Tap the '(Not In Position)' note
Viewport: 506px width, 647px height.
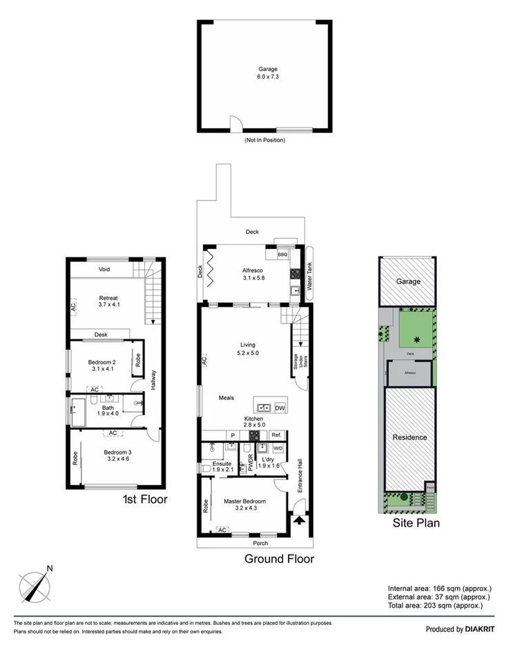(x=264, y=140)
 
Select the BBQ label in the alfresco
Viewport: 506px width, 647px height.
(x=282, y=255)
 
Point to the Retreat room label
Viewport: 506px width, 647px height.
(x=109, y=301)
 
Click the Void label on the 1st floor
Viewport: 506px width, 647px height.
(x=105, y=269)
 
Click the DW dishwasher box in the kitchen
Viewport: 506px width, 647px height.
(x=280, y=408)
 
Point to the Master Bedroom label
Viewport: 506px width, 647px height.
(x=245, y=504)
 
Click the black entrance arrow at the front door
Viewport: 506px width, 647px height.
(x=298, y=522)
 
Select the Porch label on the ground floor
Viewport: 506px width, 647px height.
(x=260, y=543)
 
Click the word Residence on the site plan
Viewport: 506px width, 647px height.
(x=409, y=437)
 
